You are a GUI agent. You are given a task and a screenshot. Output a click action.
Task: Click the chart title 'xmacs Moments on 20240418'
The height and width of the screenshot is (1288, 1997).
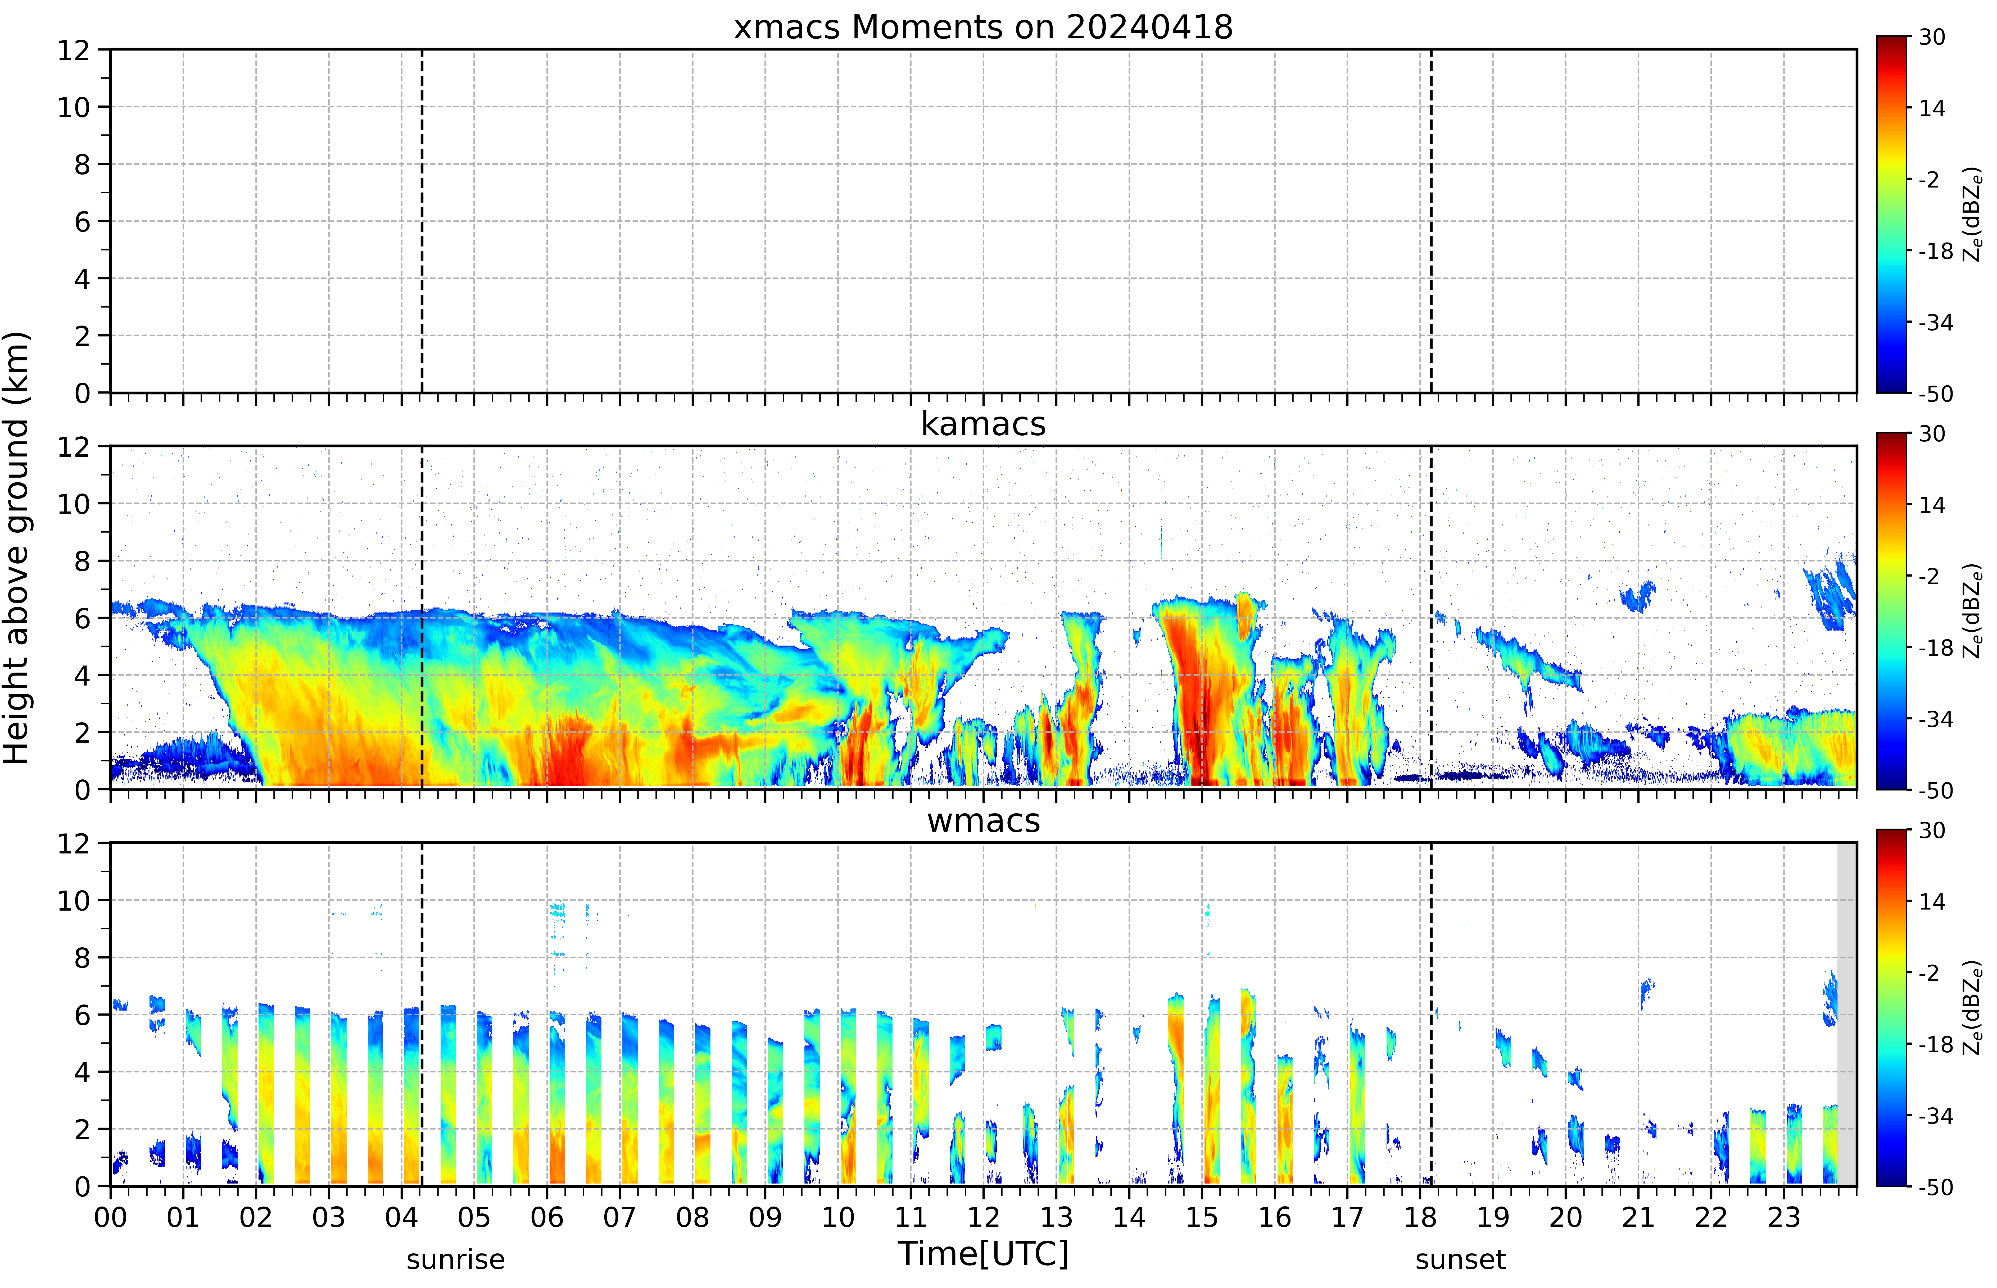[983, 28]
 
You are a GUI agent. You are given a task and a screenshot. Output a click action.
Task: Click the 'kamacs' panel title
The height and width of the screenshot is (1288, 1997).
[983, 424]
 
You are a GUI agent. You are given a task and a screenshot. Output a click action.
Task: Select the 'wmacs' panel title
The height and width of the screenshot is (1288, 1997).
[983, 820]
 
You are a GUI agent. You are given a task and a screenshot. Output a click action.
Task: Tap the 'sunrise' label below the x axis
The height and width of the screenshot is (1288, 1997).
[456, 1259]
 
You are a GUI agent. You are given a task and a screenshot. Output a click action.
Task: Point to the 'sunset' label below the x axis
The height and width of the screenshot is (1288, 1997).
[1461, 1259]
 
